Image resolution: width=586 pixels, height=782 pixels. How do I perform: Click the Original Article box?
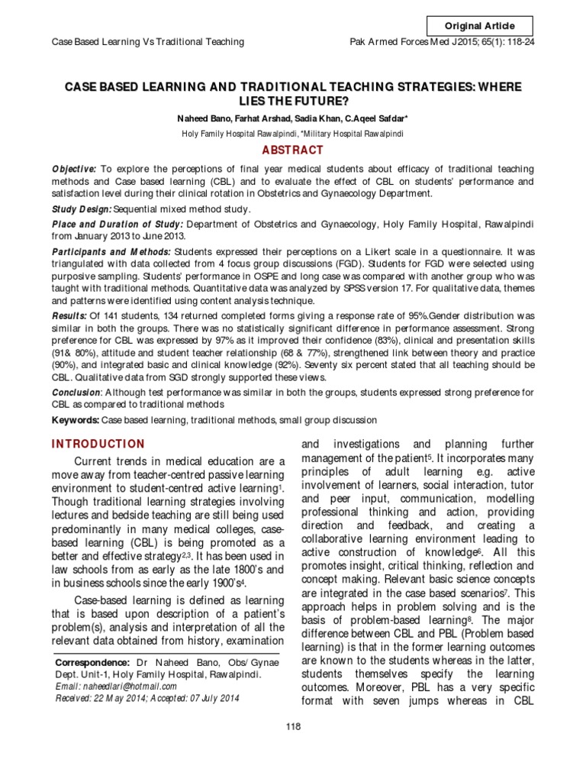click(x=479, y=26)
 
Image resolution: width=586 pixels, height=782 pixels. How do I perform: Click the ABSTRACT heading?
click(x=293, y=150)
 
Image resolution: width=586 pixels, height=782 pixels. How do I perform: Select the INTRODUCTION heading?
click(x=98, y=444)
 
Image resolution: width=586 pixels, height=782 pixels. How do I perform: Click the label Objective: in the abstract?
click(x=74, y=168)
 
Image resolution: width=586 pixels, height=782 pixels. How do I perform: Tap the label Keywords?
click(x=75, y=420)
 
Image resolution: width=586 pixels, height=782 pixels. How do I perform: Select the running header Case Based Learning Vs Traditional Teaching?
click(x=147, y=41)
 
